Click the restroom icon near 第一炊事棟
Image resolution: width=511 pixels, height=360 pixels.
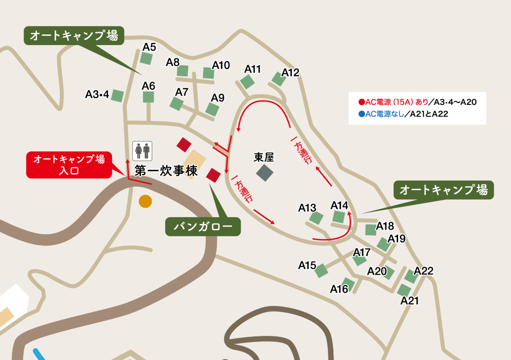coord(143,150)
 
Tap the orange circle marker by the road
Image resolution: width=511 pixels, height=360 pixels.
coord(145,202)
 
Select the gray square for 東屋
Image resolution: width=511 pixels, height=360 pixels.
coord(264,173)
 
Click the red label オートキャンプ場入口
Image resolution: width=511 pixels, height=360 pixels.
coord(69,165)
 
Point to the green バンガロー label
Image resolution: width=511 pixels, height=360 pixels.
coord(203,227)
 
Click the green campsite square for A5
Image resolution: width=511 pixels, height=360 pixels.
coord(146,58)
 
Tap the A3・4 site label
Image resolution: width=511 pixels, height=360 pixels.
coord(97,95)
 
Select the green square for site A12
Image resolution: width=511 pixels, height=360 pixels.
coord(278,79)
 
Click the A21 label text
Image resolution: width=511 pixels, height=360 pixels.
coord(410,301)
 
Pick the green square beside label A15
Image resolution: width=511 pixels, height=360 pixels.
coord(321,270)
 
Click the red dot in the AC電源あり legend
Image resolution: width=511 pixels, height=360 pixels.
coord(362,102)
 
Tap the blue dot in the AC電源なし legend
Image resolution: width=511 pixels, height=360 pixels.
coord(362,114)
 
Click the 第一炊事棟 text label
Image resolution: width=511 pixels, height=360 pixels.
coord(166,170)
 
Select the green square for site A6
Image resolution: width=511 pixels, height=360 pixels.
coord(148,97)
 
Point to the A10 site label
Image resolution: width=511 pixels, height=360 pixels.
coord(221,65)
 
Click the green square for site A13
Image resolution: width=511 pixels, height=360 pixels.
coord(316,218)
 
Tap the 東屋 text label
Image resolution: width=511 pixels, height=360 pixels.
coord(264,157)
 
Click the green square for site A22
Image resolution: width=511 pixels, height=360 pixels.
coord(411,277)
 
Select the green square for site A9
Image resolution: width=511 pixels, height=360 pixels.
coord(212,109)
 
